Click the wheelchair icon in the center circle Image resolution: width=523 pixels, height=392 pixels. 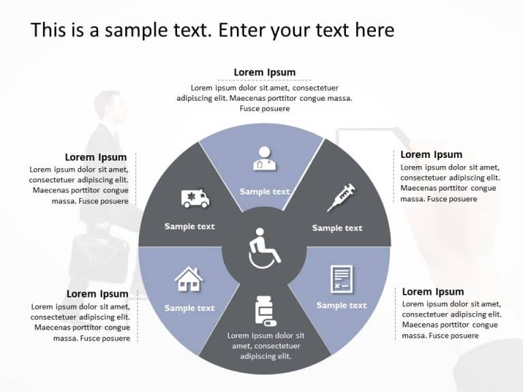(x=264, y=248)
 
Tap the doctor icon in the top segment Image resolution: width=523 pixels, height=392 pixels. (x=264, y=158)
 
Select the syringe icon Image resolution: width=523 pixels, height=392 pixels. (x=341, y=197)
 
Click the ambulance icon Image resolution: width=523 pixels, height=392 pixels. (x=195, y=198)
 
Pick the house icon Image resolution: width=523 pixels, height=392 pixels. (x=189, y=279)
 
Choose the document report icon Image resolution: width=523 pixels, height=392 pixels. (x=341, y=279)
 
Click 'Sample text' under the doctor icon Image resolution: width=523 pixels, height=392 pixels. (x=264, y=192)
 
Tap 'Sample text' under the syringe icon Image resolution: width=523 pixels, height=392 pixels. (x=337, y=228)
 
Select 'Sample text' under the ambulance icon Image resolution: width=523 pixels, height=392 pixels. (x=189, y=227)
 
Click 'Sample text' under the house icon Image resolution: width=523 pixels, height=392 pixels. (x=189, y=308)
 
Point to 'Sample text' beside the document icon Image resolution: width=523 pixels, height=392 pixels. (x=341, y=306)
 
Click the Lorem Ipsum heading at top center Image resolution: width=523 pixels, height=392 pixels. (x=264, y=73)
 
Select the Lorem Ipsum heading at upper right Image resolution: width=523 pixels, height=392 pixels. (x=431, y=154)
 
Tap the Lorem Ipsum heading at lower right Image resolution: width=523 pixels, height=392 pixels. (x=433, y=292)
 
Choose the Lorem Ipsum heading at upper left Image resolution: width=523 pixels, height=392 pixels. (x=96, y=157)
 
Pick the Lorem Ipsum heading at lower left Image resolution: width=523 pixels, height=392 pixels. (x=97, y=294)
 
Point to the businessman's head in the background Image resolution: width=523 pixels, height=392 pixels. (x=109, y=105)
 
